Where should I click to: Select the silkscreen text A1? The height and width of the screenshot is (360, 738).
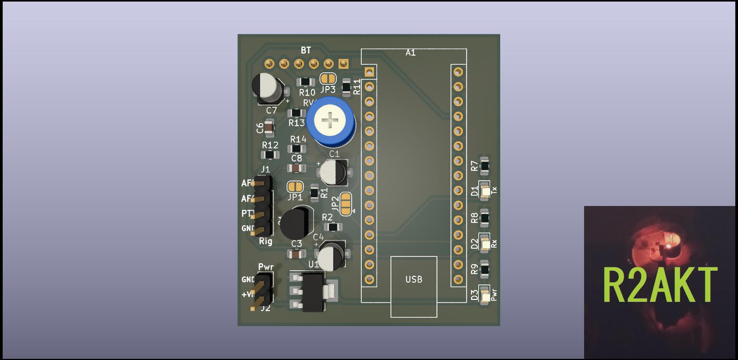(x=411, y=53)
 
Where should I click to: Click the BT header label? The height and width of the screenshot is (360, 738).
(x=306, y=50)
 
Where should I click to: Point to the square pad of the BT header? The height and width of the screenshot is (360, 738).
(x=343, y=64)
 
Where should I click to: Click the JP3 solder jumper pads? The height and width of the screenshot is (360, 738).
(x=328, y=79)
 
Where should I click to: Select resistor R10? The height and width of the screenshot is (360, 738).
(x=306, y=82)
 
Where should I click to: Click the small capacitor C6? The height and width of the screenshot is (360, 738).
(x=269, y=128)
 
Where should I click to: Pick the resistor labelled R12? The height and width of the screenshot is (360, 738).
(x=270, y=155)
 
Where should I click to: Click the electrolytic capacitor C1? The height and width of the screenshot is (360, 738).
(x=334, y=171)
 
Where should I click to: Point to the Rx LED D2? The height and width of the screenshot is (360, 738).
(x=485, y=244)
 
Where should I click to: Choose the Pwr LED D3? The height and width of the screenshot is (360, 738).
(x=485, y=296)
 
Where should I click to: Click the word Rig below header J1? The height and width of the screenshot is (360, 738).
(x=265, y=241)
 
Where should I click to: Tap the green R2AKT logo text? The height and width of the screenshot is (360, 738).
(x=660, y=285)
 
